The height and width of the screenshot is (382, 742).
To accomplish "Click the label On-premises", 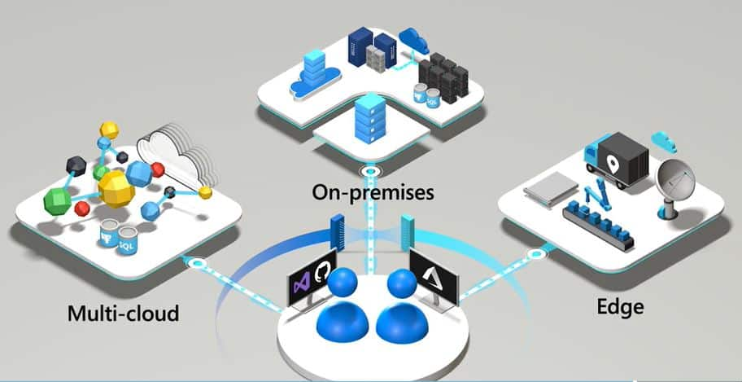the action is [x=373, y=192].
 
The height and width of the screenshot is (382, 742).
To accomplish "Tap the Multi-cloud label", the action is [x=124, y=314].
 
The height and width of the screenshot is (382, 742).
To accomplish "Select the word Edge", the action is [x=620, y=307].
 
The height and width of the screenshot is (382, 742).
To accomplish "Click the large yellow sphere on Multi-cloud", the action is [x=116, y=189].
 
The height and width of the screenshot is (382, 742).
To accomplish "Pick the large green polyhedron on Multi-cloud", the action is [x=57, y=201].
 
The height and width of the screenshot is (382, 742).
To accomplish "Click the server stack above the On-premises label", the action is [x=370, y=118].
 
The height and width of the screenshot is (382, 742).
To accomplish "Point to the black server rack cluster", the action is [x=443, y=77].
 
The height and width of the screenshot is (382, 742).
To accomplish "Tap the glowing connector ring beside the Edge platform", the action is [x=535, y=255].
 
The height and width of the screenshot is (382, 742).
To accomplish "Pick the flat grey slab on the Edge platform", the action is [x=552, y=189].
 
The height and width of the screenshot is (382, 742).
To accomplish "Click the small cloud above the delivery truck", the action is [x=664, y=141].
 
